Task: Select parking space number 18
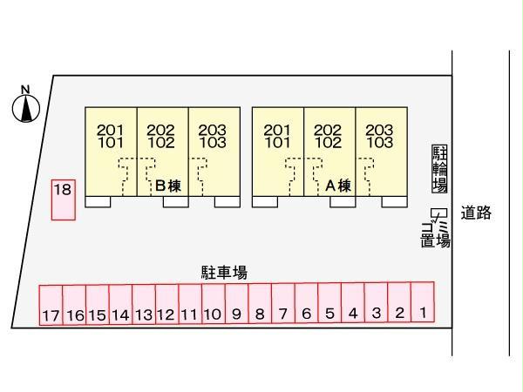[64, 200]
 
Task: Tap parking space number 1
[423, 302]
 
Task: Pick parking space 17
[51, 305]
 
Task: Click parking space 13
[144, 304]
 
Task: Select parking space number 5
[329, 302]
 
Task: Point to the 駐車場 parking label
[225, 273]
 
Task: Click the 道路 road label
[476, 213]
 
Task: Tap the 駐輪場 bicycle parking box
[439, 169]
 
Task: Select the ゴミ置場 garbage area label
[435, 234]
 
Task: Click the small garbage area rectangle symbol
[438, 213]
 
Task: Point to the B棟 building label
[168, 186]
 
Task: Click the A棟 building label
[338, 186]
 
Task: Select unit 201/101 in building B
[111, 152]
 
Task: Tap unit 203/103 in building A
[382, 152]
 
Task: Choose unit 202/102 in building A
[329, 152]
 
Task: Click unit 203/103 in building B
[214, 152]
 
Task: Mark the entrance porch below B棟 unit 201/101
[98, 202]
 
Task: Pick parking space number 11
[190, 304]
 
